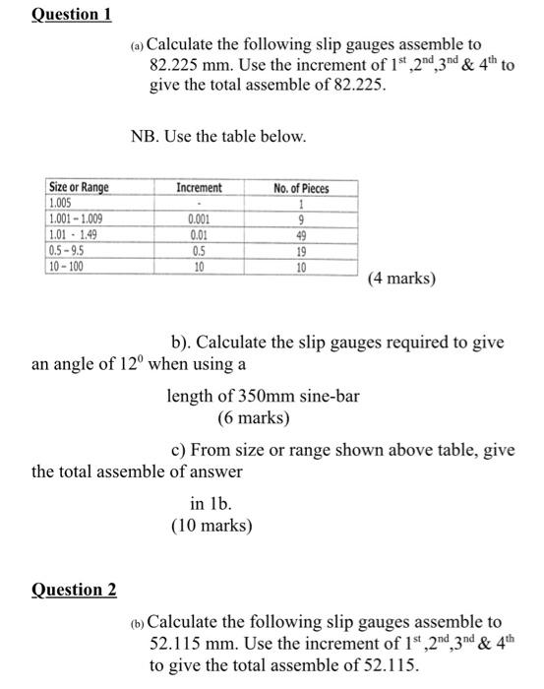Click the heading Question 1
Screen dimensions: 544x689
pos(72,14)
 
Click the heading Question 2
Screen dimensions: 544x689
pos(75,590)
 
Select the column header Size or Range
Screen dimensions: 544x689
pos(79,188)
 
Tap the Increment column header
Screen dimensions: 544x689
pos(200,188)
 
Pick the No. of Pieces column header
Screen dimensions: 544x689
pos(302,188)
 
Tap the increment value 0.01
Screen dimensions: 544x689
pos(200,235)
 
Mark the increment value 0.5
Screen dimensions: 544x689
pos(200,250)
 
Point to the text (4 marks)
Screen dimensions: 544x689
pos(401,279)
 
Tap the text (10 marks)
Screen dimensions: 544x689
pos(212,525)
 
